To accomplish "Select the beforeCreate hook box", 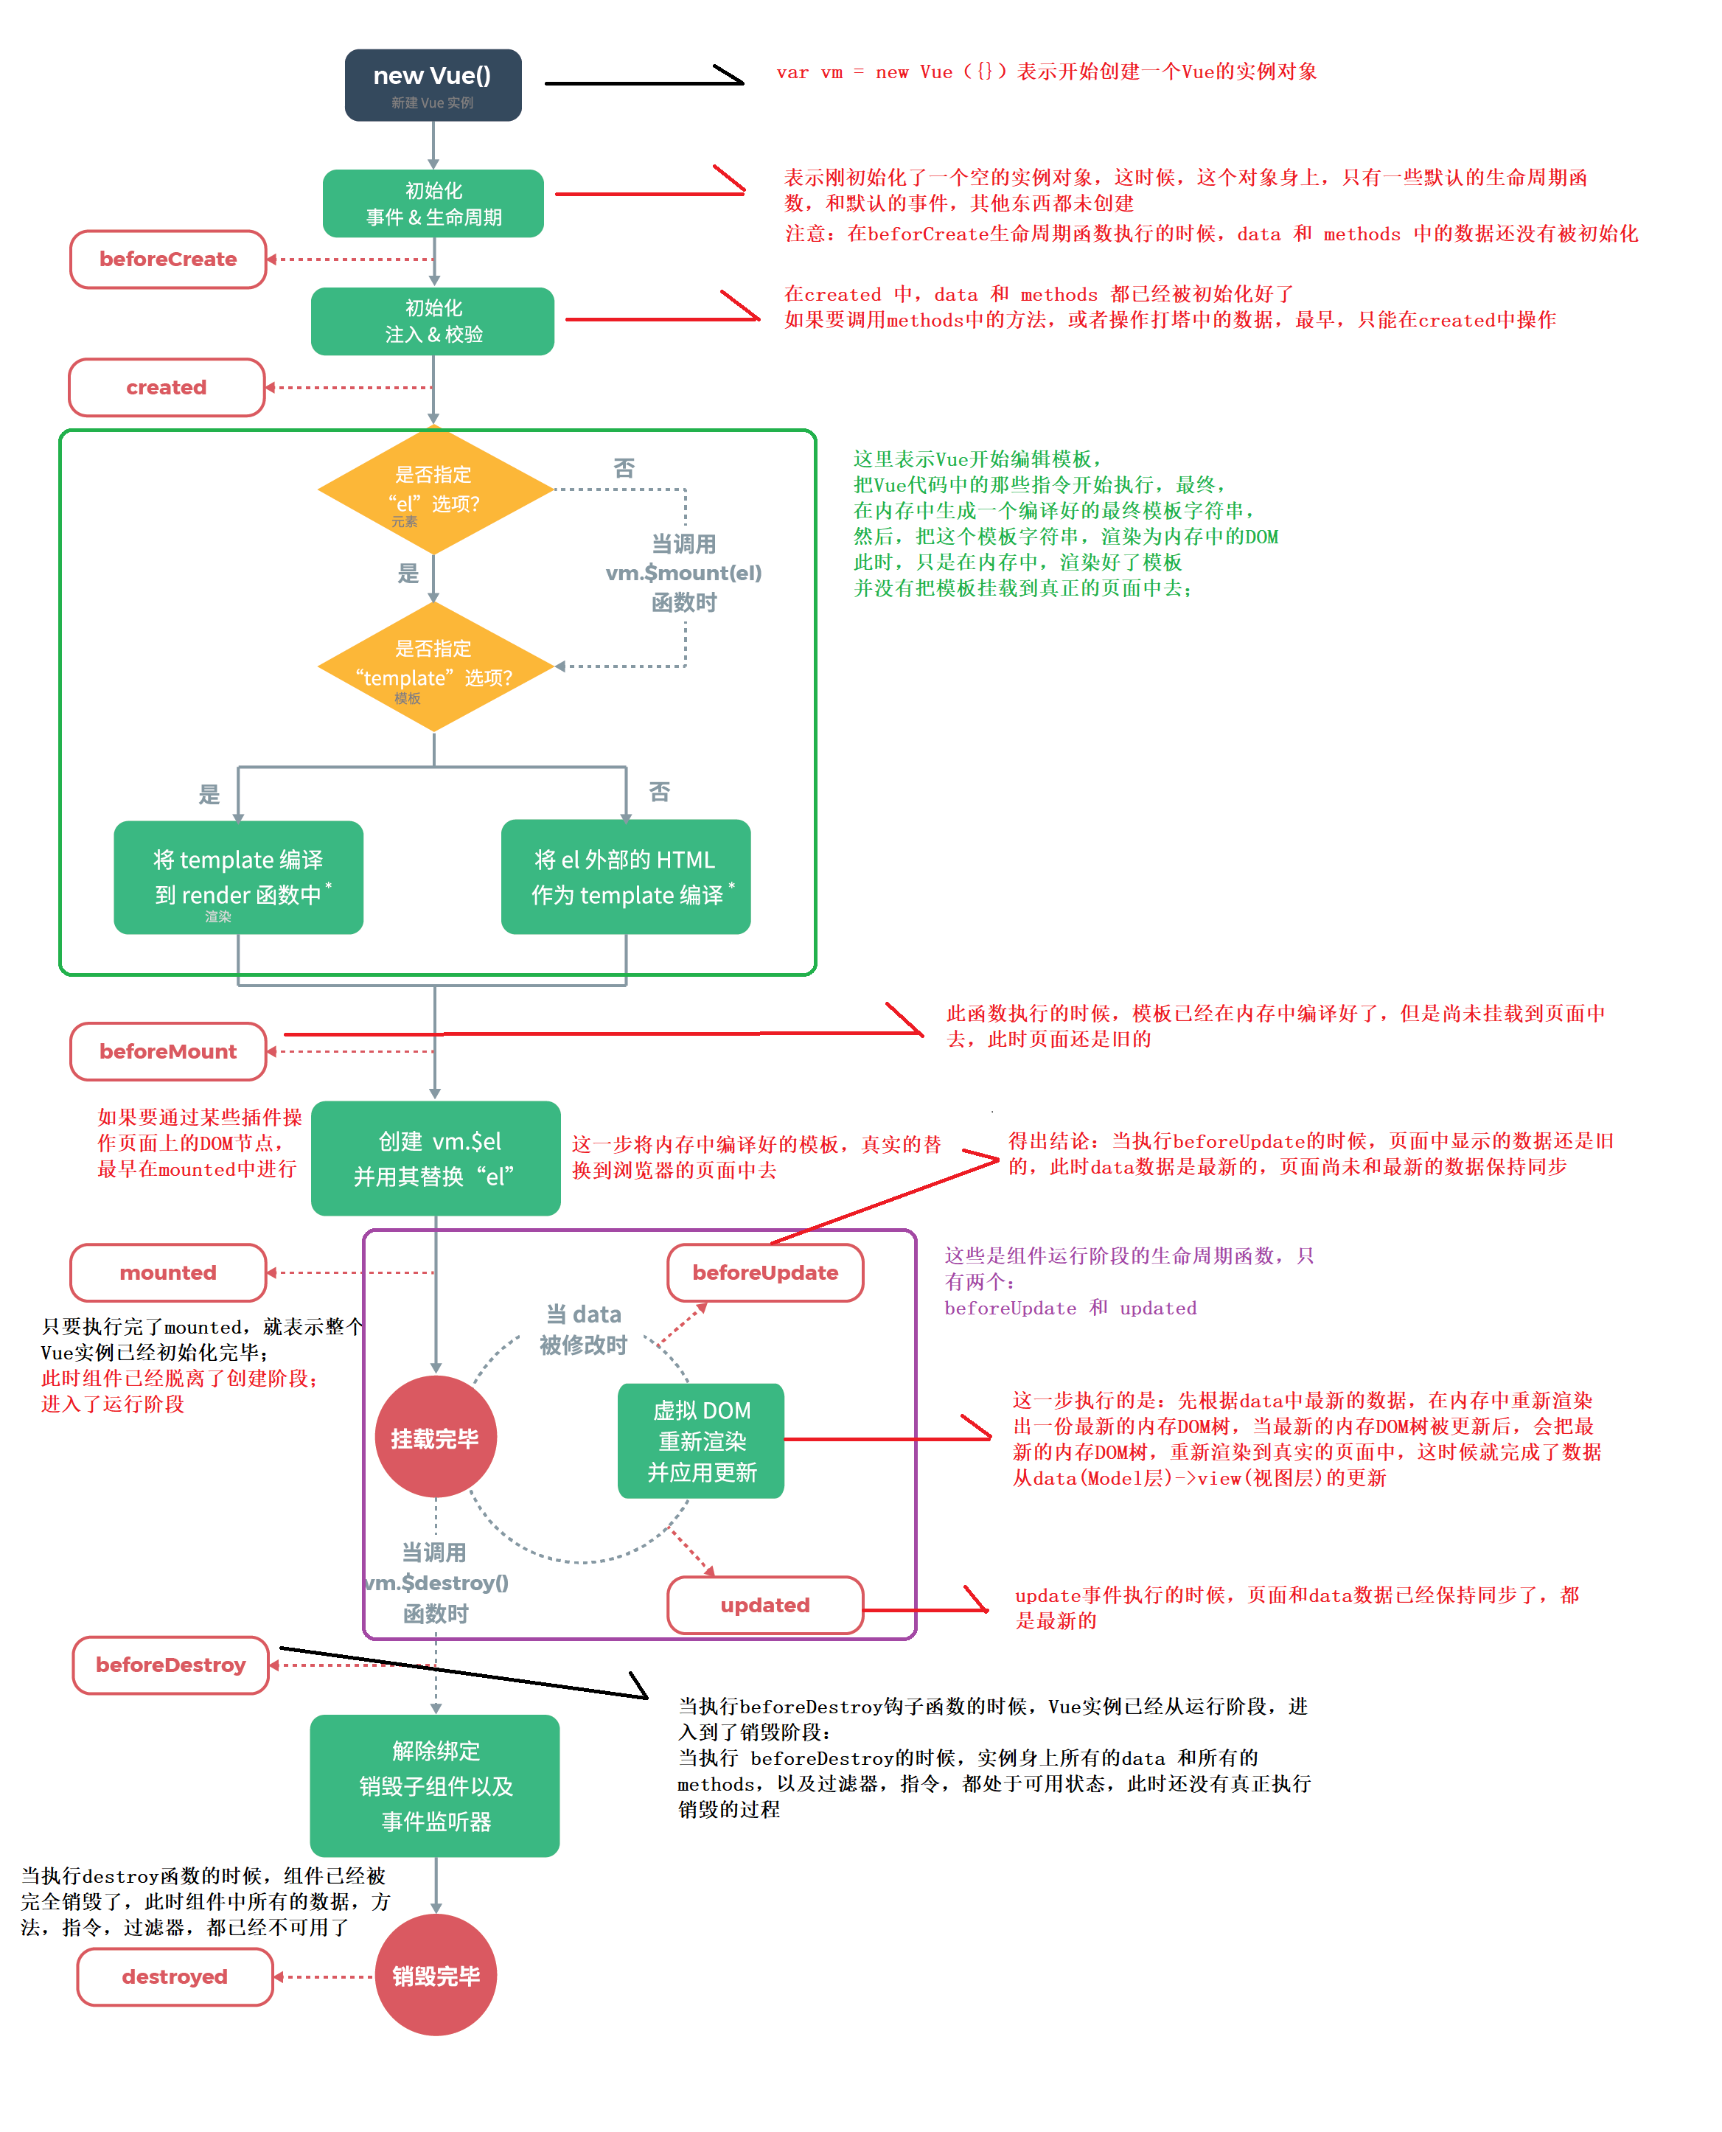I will tap(167, 259).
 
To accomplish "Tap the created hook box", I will tap(166, 387).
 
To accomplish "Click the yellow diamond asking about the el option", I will tap(434, 490).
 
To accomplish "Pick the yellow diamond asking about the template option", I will tap(434, 666).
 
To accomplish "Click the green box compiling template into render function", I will tap(238, 877).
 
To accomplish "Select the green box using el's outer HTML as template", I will tap(625, 877).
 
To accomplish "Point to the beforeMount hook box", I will tap(167, 1051).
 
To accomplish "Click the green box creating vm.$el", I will tap(436, 1157).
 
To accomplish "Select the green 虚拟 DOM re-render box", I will tap(700, 1441).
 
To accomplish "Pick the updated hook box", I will tap(764, 1604).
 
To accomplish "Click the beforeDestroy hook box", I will tap(170, 1665).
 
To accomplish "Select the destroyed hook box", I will tap(175, 1976).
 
